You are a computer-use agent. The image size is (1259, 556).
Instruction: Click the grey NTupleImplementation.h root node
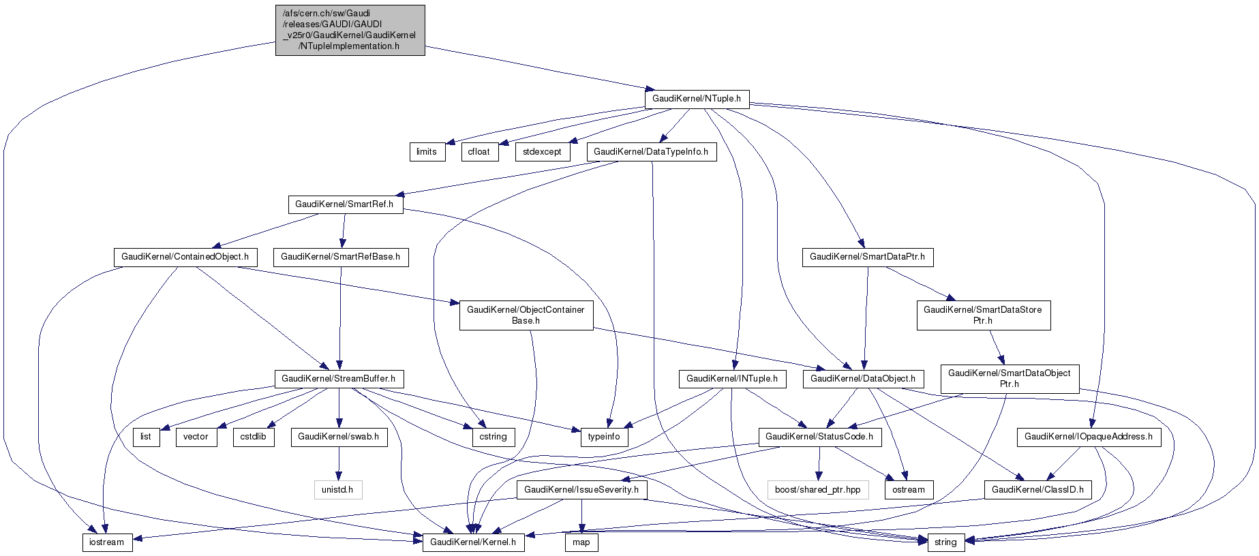pyautogui.click(x=350, y=30)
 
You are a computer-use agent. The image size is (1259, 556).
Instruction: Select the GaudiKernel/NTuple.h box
pyautogui.click(x=697, y=99)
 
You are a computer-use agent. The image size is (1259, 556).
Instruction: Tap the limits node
pyautogui.click(x=427, y=152)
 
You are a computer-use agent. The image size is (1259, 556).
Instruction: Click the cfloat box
pyautogui.click(x=479, y=152)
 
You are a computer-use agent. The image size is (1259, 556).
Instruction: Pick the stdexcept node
pyautogui.click(x=543, y=152)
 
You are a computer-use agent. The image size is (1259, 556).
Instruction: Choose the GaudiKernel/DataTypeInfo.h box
pyautogui.click(x=651, y=152)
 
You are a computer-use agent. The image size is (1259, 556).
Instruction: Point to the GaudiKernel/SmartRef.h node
pyautogui.click(x=344, y=204)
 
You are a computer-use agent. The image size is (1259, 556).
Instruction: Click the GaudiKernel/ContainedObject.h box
pyautogui.click(x=185, y=257)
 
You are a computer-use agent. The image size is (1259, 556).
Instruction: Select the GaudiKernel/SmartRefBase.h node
pyautogui.click(x=341, y=257)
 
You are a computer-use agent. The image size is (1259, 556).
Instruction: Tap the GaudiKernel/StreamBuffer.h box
pyautogui.click(x=338, y=379)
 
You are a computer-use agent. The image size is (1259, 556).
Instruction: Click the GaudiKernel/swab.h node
pyautogui.click(x=339, y=437)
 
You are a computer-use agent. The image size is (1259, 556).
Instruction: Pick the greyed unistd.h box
pyautogui.click(x=337, y=489)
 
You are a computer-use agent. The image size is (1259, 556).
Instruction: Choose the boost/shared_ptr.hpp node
pyautogui.click(x=817, y=489)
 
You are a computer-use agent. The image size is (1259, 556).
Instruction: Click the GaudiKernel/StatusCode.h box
pyautogui.click(x=819, y=437)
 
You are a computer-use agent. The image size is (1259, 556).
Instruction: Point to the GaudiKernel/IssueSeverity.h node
pyautogui.click(x=581, y=489)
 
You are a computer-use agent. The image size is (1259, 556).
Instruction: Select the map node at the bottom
pyautogui.click(x=581, y=542)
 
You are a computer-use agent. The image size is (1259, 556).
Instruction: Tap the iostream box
pyautogui.click(x=107, y=542)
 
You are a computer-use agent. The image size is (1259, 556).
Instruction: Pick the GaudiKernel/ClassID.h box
pyautogui.click(x=1037, y=489)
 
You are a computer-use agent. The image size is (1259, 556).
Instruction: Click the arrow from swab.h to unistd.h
pyautogui.click(x=338, y=463)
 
